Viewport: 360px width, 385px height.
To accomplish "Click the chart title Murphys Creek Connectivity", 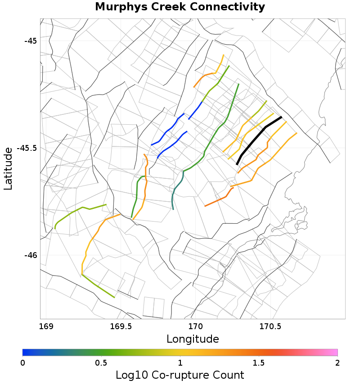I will [180, 7].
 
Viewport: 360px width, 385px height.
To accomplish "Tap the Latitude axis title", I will [8, 169].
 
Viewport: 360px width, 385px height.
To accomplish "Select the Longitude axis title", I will [193, 339].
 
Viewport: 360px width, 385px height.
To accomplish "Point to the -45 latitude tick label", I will [31, 41].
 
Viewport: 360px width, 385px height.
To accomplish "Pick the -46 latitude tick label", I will [31, 255].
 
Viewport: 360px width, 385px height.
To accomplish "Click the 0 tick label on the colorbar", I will [23, 363].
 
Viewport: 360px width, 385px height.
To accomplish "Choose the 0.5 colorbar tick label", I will [101, 363].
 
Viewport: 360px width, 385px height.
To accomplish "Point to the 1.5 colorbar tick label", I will [259, 363].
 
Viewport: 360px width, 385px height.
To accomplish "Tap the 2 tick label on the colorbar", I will [337, 363].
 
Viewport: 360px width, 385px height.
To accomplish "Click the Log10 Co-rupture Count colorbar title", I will [180, 375].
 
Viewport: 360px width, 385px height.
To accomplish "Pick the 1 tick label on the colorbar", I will [180, 363].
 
